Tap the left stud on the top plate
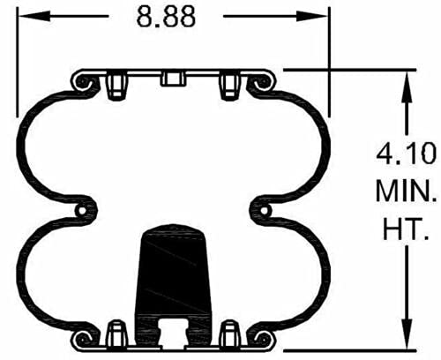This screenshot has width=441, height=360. tap(113, 86)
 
